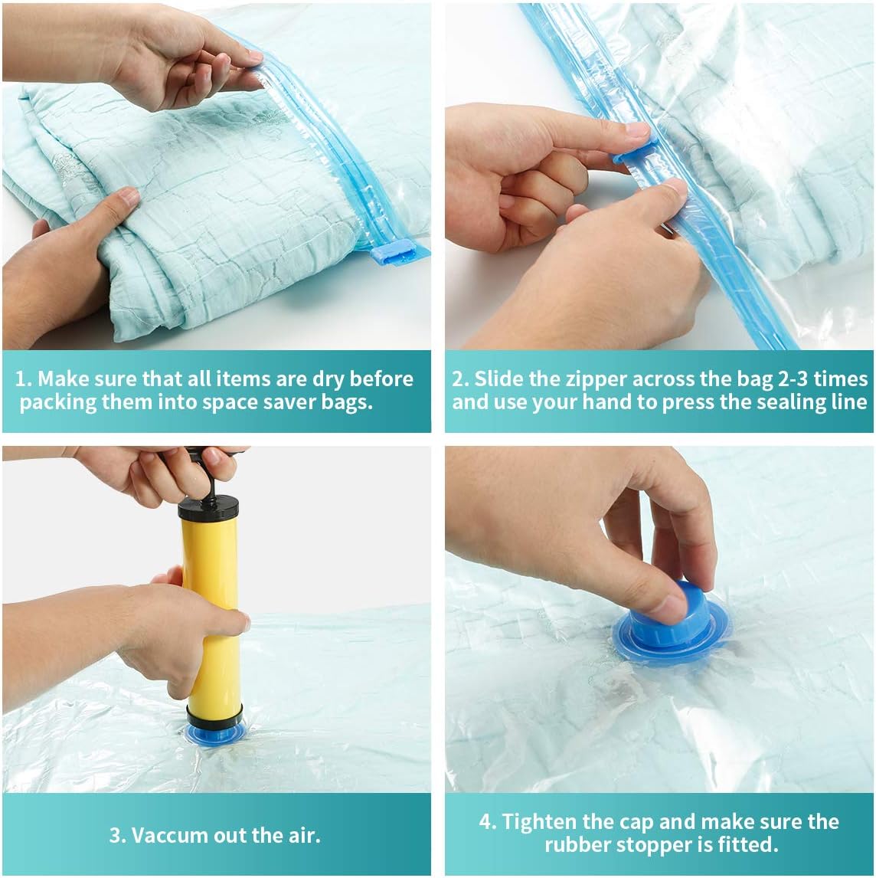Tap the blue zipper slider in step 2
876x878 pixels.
click(x=636, y=151)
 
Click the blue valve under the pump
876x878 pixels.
click(x=214, y=732)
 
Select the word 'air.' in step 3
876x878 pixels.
click(x=305, y=835)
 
